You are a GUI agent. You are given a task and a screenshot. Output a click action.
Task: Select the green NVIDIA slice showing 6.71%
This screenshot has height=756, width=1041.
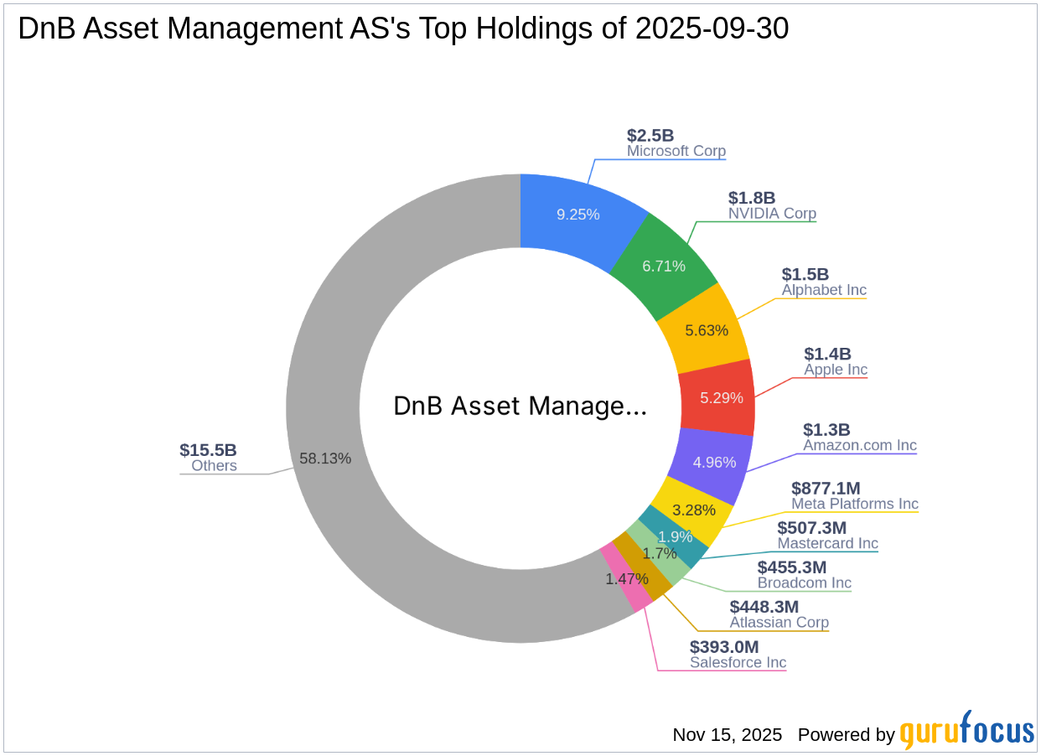(x=664, y=266)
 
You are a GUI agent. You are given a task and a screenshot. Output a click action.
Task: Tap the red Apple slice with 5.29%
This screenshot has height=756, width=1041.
(x=717, y=397)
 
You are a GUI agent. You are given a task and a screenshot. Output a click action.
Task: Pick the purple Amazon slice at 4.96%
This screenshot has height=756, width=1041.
(x=712, y=462)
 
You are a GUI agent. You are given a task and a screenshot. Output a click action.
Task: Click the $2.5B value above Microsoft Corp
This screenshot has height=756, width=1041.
(x=650, y=136)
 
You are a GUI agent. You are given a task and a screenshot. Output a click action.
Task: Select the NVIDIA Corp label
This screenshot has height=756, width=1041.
(x=772, y=214)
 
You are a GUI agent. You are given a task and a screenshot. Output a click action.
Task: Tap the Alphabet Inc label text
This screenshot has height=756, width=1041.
(x=824, y=290)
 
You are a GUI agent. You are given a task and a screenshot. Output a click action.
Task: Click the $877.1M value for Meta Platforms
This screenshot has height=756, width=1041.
(x=826, y=488)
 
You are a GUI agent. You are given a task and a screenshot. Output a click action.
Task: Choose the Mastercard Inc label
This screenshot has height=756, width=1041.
(x=827, y=543)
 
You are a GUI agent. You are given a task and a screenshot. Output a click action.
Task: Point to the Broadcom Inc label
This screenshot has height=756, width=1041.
(x=804, y=583)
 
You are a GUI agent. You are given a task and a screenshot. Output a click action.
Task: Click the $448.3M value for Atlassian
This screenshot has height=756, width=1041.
(x=764, y=606)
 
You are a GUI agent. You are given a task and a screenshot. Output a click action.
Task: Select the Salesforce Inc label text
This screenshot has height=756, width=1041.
(x=738, y=662)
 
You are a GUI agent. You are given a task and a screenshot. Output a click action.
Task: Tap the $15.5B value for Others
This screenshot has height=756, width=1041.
(x=208, y=450)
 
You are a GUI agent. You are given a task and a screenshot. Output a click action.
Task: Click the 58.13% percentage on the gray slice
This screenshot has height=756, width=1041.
(x=325, y=458)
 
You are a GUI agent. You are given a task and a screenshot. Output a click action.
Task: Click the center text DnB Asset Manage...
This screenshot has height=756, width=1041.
(x=520, y=406)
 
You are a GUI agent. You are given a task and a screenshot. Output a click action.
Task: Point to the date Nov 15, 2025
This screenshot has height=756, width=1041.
(x=727, y=735)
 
